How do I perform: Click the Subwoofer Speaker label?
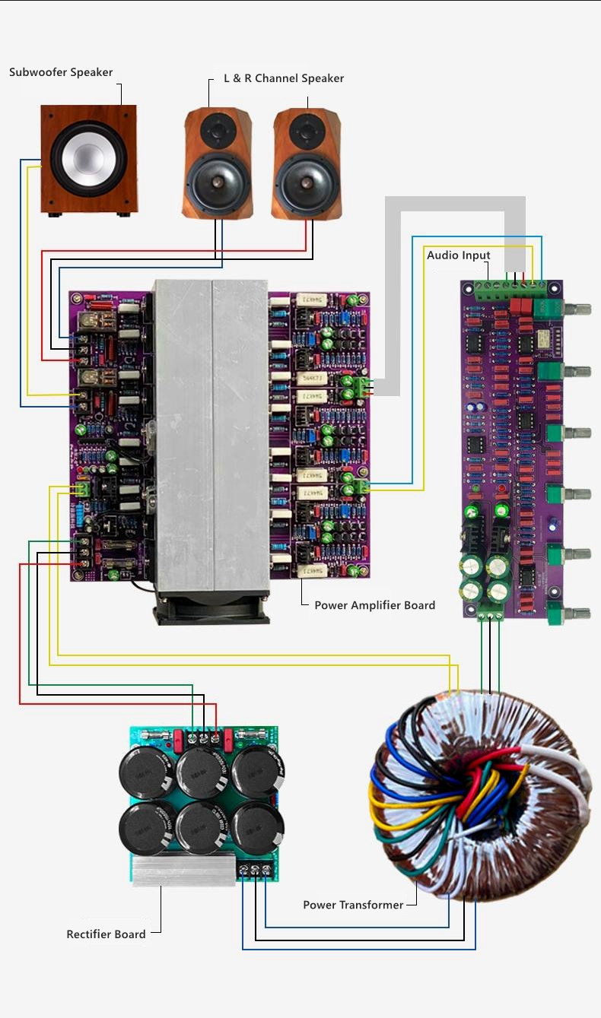click(61, 72)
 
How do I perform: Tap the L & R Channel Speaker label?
click(284, 78)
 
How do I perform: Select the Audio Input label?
click(459, 255)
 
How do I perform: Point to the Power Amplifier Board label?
click(375, 605)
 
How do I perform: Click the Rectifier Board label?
click(107, 934)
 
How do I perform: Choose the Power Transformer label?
click(353, 905)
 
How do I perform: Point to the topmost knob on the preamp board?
click(578, 309)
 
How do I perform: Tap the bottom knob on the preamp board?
click(578, 612)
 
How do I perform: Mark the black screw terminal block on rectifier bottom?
click(255, 869)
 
